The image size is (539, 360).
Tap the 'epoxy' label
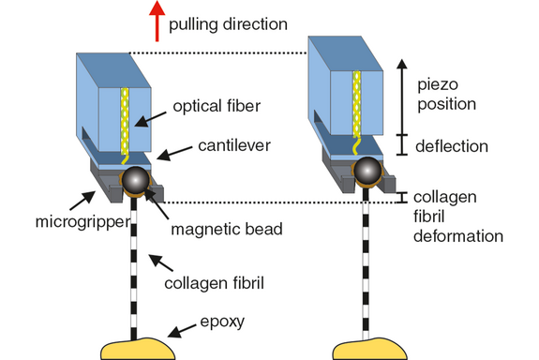221,320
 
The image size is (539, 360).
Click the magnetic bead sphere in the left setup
135,181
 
